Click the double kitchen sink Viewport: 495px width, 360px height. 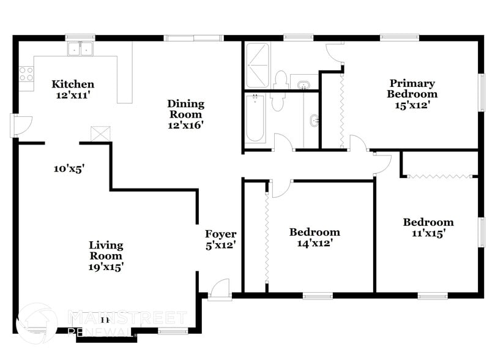pos(80,49)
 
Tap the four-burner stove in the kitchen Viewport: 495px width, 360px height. pos(26,74)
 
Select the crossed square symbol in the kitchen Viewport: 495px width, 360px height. pos(100,134)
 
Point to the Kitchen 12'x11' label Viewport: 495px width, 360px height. pos(73,89)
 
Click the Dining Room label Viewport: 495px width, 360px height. pos(185,114)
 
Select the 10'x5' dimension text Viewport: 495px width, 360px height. pos(69,168)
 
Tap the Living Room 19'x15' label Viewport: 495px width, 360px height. pos(106,256)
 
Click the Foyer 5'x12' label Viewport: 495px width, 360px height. pos(220,239)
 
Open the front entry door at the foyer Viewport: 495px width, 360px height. pos(219,290)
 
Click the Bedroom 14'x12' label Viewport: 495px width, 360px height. pos(314,238)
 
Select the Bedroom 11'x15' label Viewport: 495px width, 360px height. pos(428,228)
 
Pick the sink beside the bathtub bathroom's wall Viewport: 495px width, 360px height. pos(314,120)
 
